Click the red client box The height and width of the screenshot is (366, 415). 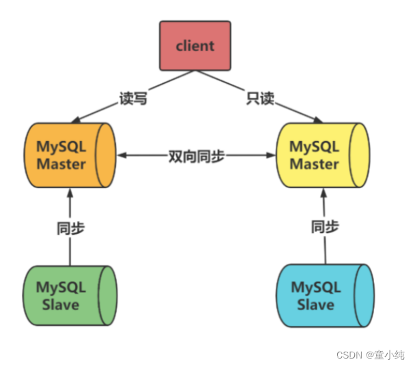pyautogui.click(x=195, y=46)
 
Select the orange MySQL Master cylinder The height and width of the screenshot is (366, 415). pyautogui.click(x=68, y=155)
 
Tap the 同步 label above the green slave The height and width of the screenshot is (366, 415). pyautogui.click(x=70, y=228)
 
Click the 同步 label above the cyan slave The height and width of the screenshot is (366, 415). pyautogui.click(x=325, y=227)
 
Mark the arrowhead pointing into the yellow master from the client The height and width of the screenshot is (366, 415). pyautogui.click(x=316, y=119)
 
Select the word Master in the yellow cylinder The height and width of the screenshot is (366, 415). pyautogui.click(x=313, y=164)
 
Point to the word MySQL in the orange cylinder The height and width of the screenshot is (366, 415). pyautogui.click(x=61, y=147)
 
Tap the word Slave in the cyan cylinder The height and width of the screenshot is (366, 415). pyautogui.click(x=315, y=304)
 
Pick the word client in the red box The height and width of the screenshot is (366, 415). pyautogui.click(x=195, y=46)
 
